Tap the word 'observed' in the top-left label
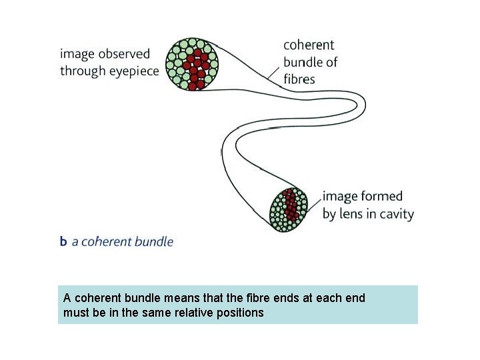tap(126, 53)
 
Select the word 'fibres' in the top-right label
tap(299, 79)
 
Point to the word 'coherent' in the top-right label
tap(309, 45)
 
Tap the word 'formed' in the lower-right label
tap(381, 197)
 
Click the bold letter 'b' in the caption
tap(63, 241)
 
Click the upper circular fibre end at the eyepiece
tap(192, 64)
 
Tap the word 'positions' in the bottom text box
tap(241, 312)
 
